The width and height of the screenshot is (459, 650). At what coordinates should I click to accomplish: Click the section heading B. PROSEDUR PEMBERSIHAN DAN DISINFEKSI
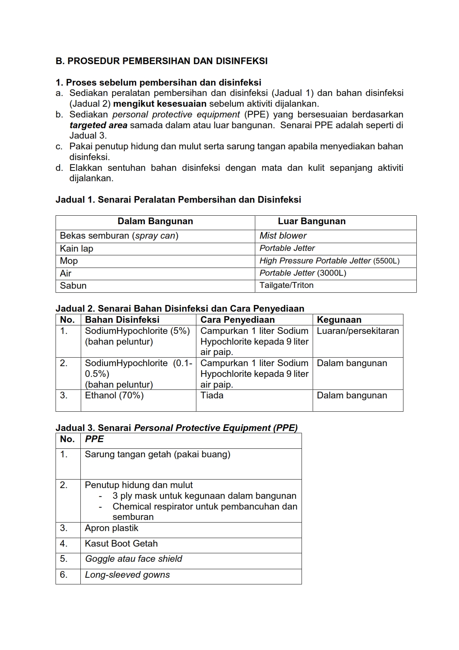162,61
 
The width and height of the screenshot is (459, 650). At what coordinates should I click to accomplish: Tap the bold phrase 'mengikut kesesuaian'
160,104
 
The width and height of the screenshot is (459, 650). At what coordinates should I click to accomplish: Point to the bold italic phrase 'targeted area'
98,125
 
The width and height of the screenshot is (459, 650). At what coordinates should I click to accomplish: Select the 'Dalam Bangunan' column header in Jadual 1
155,222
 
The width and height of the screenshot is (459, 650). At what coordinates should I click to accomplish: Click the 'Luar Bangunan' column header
312,222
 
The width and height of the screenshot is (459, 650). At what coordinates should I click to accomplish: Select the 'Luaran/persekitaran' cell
358,331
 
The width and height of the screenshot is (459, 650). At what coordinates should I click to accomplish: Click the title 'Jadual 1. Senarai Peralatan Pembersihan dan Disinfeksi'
178,200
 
